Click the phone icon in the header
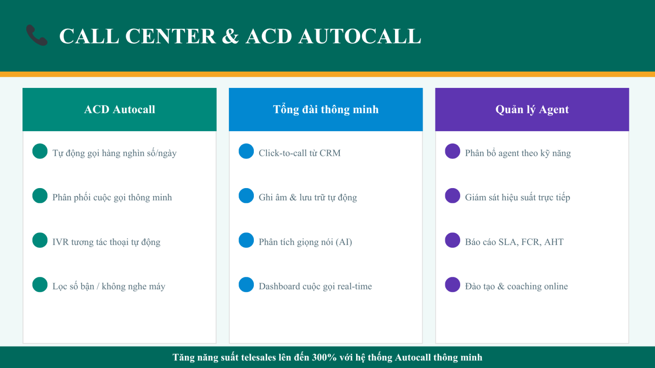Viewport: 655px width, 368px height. coord(37,35)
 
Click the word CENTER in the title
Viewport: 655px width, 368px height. coord(170,36)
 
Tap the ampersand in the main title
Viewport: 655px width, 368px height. coord(230,36)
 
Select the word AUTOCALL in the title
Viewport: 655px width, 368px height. coord(360,36)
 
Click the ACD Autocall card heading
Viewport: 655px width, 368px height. coord(120,110)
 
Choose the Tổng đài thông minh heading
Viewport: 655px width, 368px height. coord(326,110)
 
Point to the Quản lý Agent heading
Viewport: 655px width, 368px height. coord(532,110)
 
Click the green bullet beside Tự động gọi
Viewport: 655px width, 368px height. coord(40,151)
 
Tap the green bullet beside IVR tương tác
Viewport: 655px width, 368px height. coord(40,240)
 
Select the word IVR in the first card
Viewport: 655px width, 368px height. coord(61,242)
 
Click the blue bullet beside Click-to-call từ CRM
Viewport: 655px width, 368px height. coord(246,151)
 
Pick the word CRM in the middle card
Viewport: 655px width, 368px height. coord(330,153)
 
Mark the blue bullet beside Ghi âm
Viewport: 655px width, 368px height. coord(246,196)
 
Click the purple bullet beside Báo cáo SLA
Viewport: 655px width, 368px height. coord(453,240)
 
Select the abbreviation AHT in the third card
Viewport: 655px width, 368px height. coord(554,242)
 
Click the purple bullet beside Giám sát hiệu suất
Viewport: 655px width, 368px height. coord(453,196)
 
